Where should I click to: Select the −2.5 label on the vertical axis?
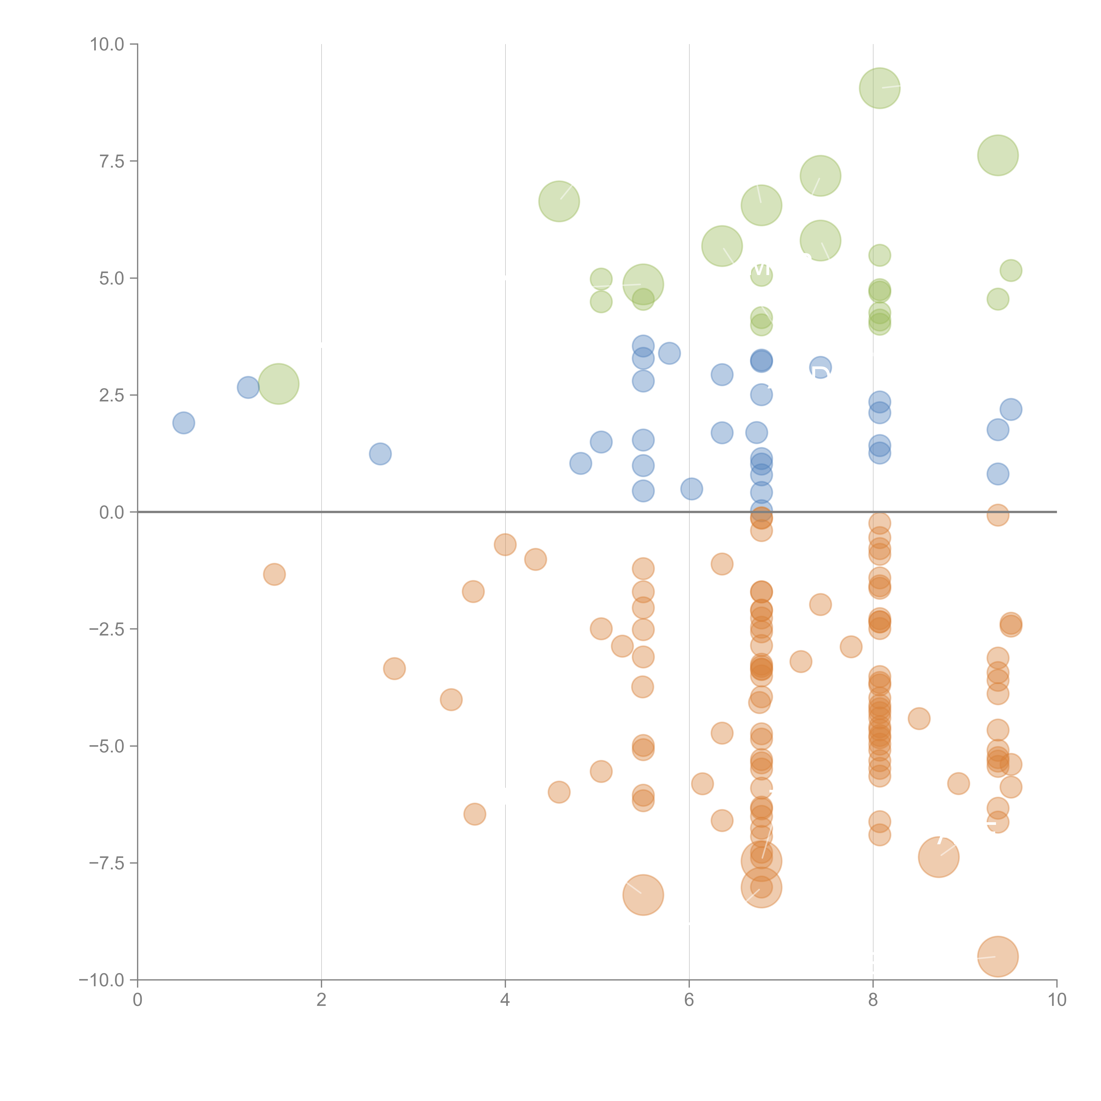click(x=107, y=629)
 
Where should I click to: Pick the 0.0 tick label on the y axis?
click(x=112, y=512)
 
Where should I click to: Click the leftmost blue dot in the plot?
click(x=183, y=423)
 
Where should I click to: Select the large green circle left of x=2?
click(x=279, y=384)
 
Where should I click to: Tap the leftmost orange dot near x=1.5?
click(x=274, y=575)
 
